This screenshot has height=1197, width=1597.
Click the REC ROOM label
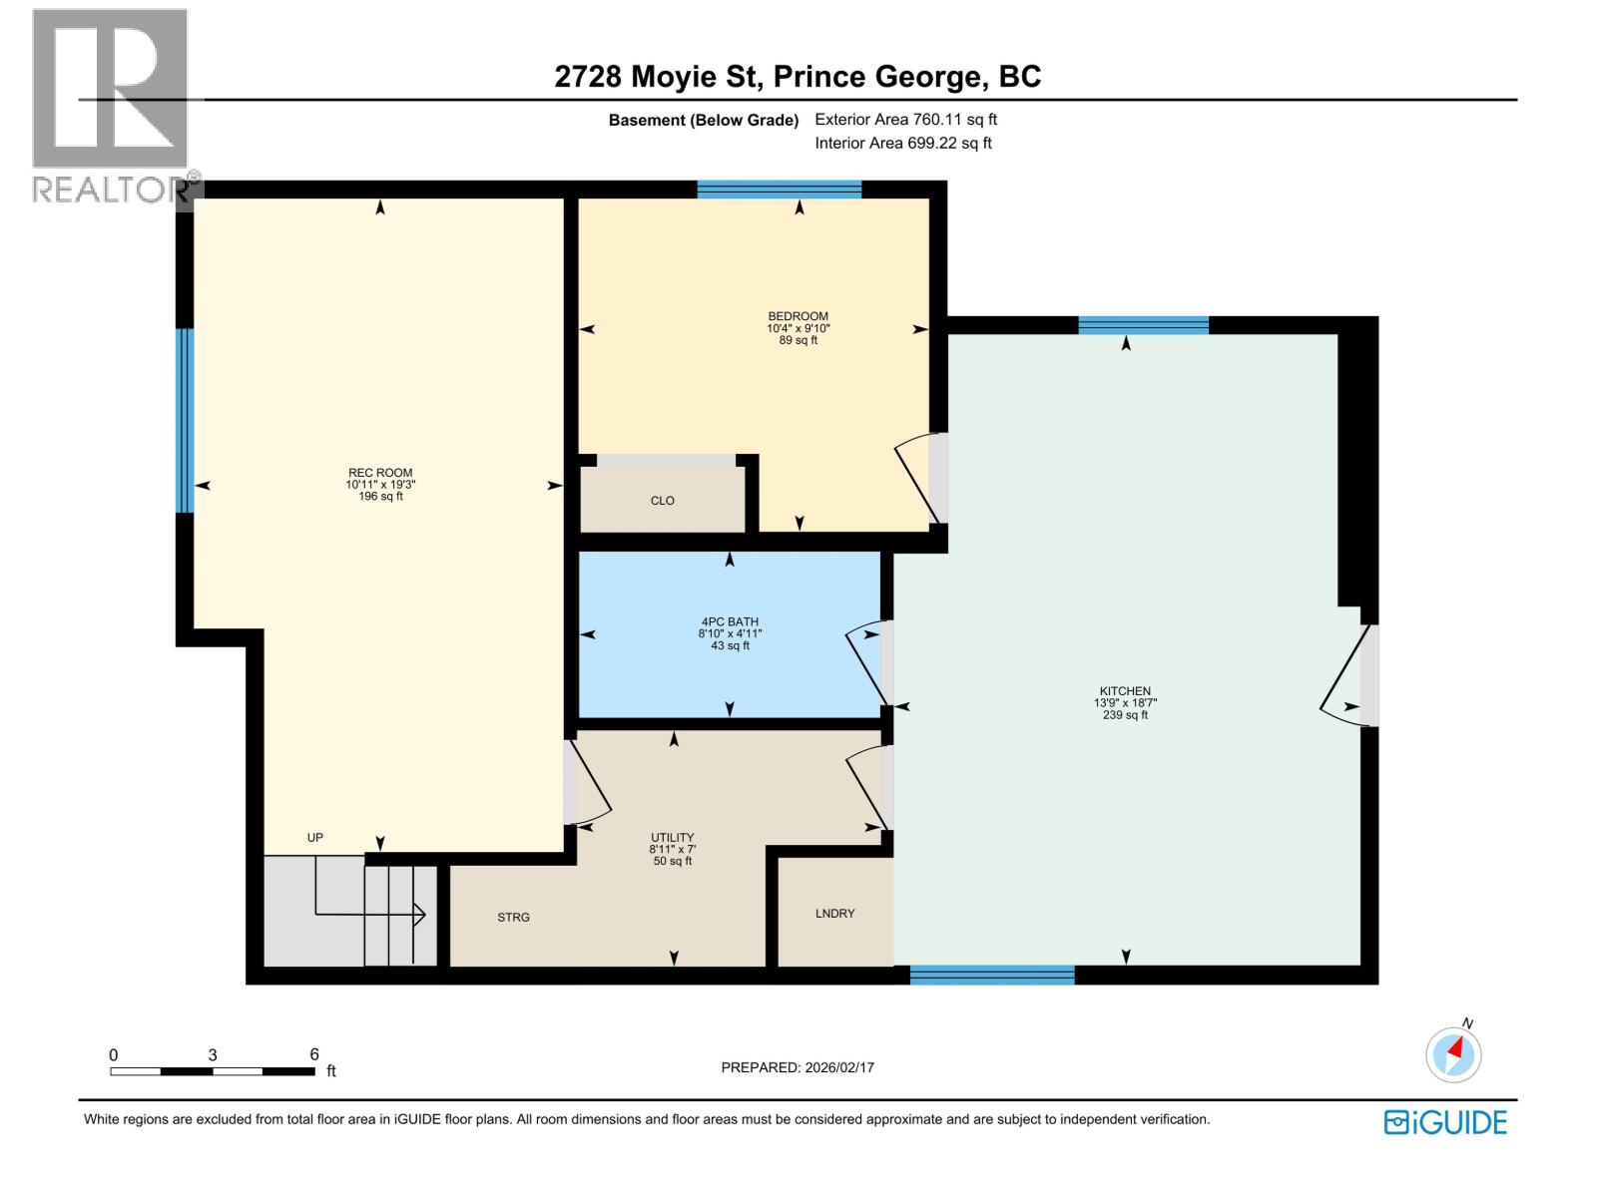pyautogui.click(x=380, y=473)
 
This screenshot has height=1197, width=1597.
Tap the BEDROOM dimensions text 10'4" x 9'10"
pyautogui.click(x=798, y=328)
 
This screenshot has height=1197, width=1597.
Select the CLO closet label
pyautogui.click(x=663, y=501)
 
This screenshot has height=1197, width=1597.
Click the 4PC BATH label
pyautogui.click(x=730, y=621)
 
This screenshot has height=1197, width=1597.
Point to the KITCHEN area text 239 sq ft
pyautogui.click(x=1126, y=715)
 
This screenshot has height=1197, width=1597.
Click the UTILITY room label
pyautogui.click(x=673, y=838)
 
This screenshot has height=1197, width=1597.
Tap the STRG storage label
pyautogui.click(x=514, y=917)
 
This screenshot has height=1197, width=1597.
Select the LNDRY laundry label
pyautogui.click(x=835, y=913)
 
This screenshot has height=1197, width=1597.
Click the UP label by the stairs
pyautogui.click(x=315, y=838)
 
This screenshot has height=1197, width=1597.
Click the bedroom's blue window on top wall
pyautogui.click(x=780, y=190)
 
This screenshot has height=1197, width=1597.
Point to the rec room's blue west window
pyautogui.click(x=185, y=420)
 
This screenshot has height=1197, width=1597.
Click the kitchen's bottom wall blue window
pyautogui.click(x=992, y=975)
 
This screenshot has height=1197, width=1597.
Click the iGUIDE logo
pyautogui.click(x=1445, y=1122)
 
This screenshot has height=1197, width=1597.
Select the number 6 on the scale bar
pyautogui.click(x=314, y=1054)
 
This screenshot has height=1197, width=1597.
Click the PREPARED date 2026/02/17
pyautogui.click(x=798, y=1067)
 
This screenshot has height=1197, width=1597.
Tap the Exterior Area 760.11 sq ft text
pyautogui.click(x=906, y=120)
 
